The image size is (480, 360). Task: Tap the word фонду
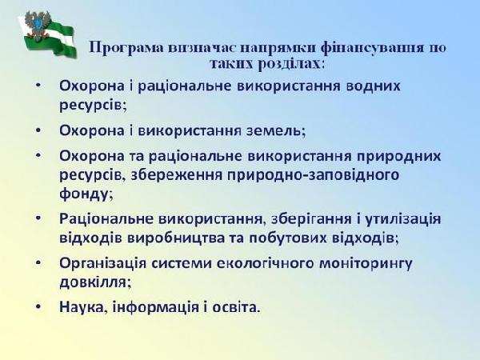click(86, 194)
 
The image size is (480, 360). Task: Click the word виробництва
click(176, 238)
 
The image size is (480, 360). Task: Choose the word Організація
click(102, 263)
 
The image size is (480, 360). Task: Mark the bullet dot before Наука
click(38, 306)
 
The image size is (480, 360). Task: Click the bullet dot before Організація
click(38, 262)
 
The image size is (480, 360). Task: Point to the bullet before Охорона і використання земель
click(38, 130)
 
